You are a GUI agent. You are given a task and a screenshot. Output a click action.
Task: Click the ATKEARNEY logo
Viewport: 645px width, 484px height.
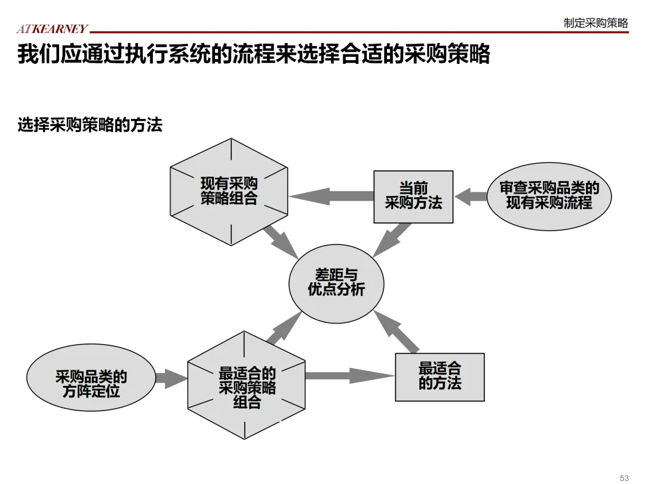coord(52,29)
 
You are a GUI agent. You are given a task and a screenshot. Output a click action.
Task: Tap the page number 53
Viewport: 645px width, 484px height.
coord(624,478)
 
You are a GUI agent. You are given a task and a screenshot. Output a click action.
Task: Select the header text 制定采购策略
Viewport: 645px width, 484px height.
coord(595,23)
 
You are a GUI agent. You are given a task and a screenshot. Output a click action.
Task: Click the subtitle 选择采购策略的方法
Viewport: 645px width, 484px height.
coord(90,125)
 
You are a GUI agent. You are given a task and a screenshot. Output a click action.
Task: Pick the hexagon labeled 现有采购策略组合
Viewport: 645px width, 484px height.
coord(229,192)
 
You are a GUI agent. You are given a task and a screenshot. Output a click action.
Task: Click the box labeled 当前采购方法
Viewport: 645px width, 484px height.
coord(413,197)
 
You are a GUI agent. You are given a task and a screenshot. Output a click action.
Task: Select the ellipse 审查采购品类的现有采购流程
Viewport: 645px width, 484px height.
coord(549,196)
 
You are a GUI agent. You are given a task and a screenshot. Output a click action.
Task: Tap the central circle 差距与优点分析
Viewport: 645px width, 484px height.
coord(336,282)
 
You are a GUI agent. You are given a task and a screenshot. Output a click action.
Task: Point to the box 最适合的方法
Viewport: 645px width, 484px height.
coord(440,376)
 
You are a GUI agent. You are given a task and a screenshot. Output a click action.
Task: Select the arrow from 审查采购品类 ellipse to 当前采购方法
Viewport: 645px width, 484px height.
coord(471,197)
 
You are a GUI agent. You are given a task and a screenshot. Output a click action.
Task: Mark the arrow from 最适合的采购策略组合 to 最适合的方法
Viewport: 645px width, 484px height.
coord(349,376)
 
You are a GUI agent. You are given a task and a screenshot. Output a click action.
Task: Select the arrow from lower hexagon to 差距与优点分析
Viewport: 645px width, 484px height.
coord(284,328)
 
